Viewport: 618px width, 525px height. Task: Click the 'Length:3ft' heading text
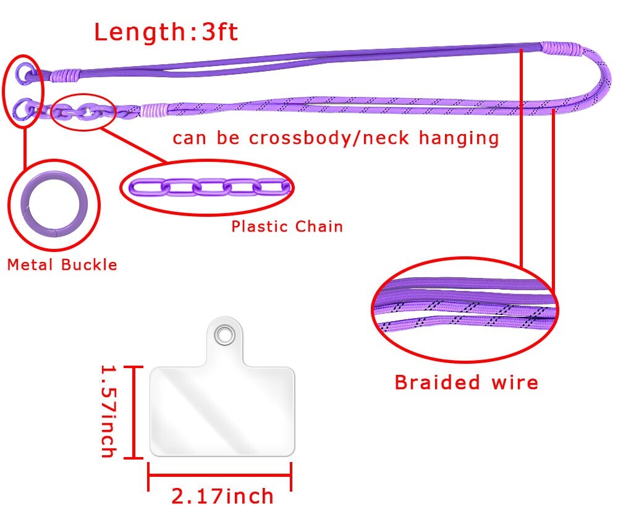point(166,31)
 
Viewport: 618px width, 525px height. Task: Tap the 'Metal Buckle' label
point(62,265)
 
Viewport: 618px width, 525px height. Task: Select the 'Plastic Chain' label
point(287,226)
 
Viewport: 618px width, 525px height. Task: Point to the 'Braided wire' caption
point(466,382)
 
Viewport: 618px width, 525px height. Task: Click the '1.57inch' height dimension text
point(108,411)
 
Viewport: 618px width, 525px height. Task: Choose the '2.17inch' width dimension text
point(222,495)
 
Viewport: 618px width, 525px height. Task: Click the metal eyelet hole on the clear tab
point(222,335)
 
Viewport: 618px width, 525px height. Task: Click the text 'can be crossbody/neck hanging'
point(335,138)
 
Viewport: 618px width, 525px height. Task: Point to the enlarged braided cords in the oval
point(465,309)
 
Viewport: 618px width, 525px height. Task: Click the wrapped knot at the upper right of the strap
point(561,46)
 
